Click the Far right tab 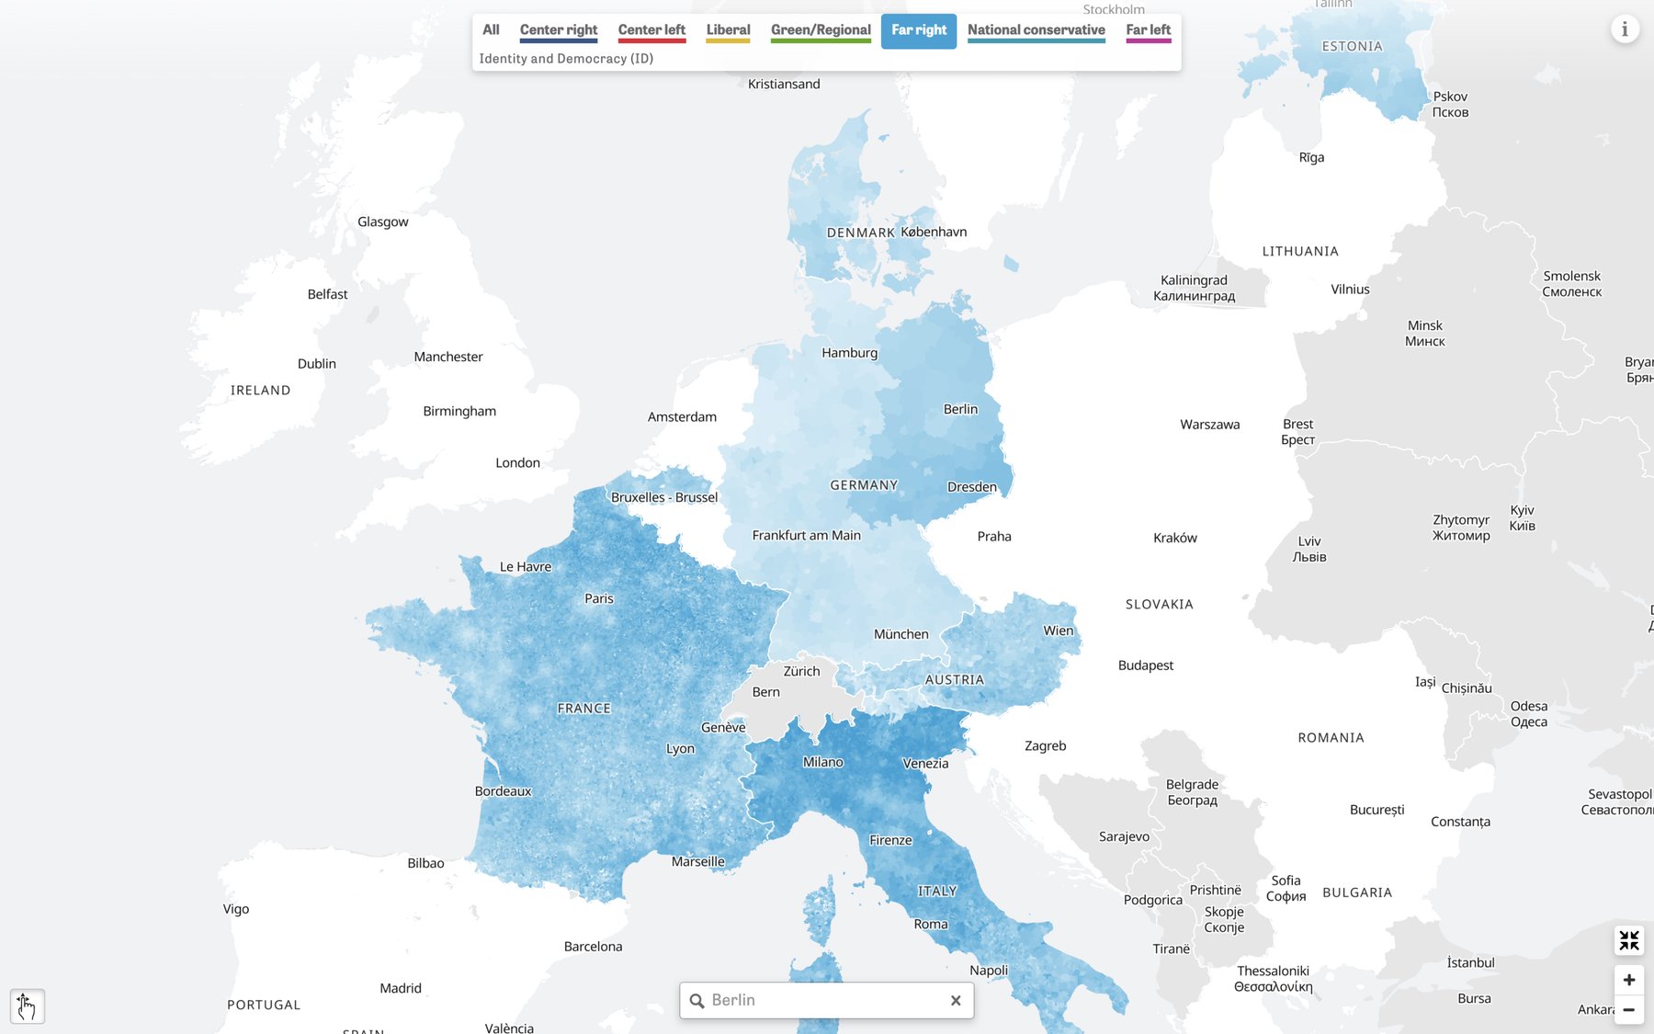coord(918,30)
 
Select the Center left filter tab coord(651,30)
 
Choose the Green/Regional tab coord(821,30)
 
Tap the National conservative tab coord(1036,30)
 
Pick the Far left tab coord(1148,30)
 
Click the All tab coord(491,30)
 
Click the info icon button coord(1625,29)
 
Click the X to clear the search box coord(956,1000)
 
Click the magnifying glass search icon coord(697,1000)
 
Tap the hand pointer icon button coord(27,1006)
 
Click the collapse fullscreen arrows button coord(1628,940)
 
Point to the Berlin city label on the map coord(960,409)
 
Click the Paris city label coord(598,598)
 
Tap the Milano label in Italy coord(822,762)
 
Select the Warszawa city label coord(1209,425)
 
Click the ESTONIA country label coord(1352,47)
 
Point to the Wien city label coord(1058,631)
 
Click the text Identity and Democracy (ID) coord(566,59)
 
